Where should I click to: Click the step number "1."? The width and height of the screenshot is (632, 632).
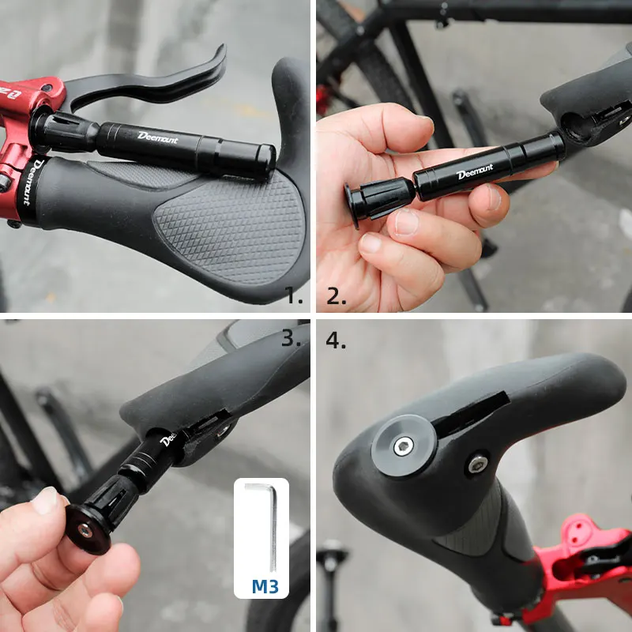[x=294, y=296]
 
